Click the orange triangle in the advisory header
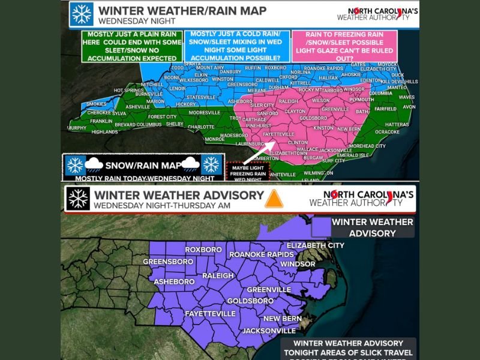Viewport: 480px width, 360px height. [x=274, y=199]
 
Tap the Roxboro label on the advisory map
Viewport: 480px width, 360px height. [x=203, y=250]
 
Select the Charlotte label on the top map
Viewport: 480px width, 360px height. [x=201, y=127]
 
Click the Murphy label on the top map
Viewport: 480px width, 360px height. [x=76, y=128]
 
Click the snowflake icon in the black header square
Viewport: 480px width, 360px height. [x=79, y=199]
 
